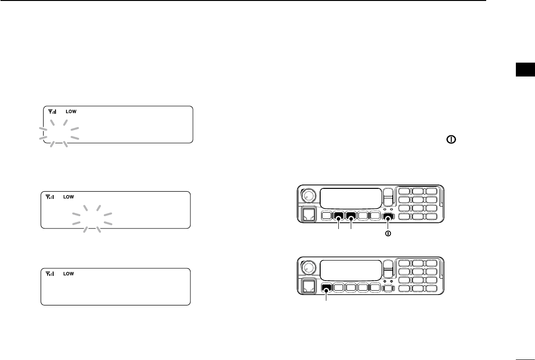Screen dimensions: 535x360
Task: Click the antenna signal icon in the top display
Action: [x=52, y=111]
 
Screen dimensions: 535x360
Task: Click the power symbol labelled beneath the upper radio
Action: [x=389, y=234]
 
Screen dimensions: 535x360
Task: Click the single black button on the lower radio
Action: [x=327, y=288]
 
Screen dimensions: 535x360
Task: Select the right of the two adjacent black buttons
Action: [x=352, y=216]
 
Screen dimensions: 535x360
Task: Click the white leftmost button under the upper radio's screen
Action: [x=327, y=216]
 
